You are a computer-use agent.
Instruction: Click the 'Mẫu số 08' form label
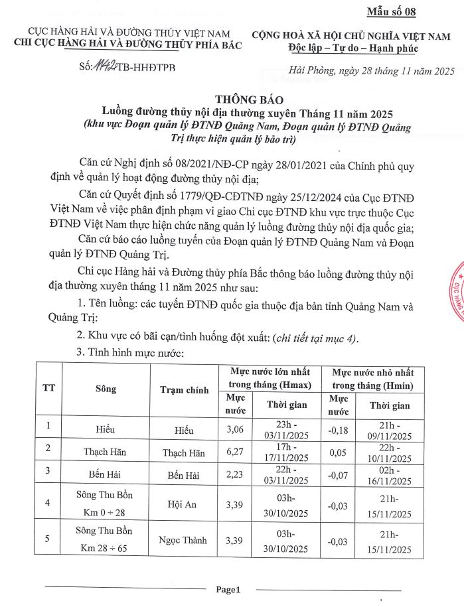point(410,11)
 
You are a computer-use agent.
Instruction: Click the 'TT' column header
point(49,389)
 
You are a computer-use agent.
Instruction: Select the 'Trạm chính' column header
point(184,389)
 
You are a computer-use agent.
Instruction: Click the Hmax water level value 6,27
point(236,452)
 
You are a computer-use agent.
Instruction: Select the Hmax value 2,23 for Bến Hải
point(236,475)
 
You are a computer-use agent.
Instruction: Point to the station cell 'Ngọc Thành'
point(184,539)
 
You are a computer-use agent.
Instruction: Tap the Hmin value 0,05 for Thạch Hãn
point(339,452)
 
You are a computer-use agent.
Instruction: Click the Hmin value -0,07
point(339,475)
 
